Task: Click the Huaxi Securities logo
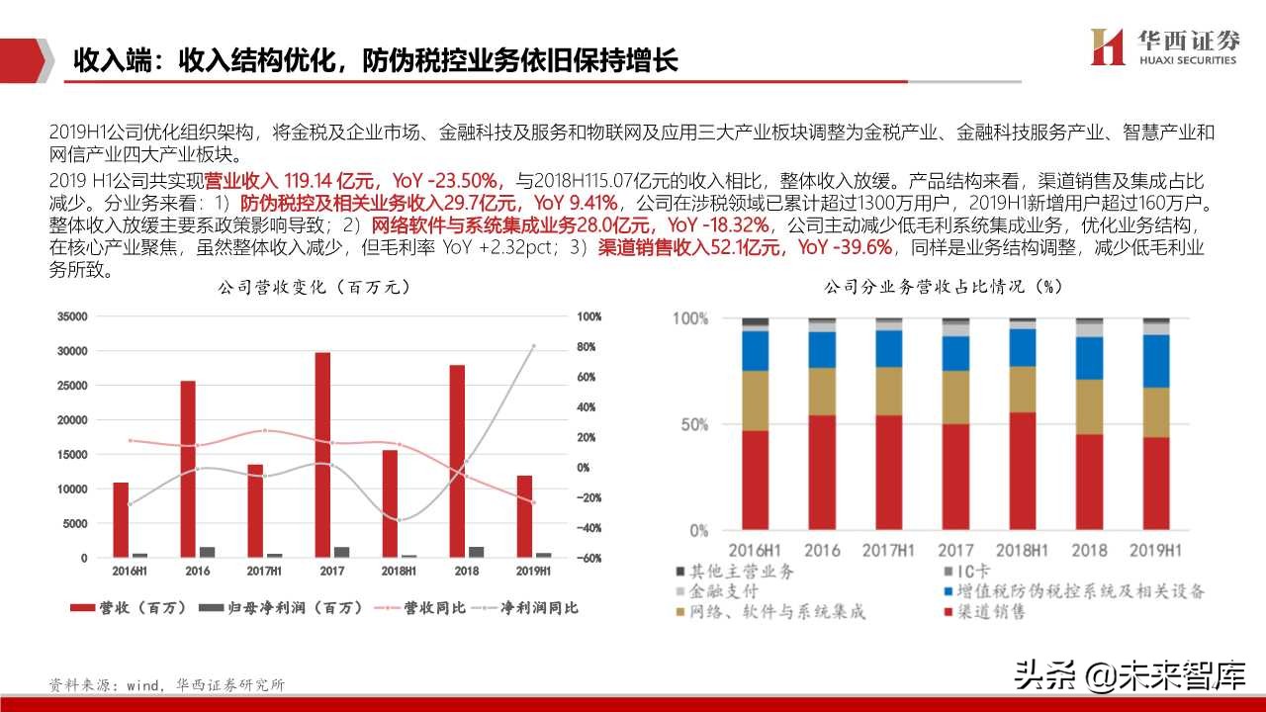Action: [1163, 46]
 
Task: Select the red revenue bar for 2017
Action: [322, 455]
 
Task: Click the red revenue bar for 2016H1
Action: [121, 520]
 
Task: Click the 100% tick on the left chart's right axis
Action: [589, 317]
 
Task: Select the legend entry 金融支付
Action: [716, 591]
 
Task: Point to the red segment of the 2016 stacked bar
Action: [822, 473]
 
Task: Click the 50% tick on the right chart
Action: [690, 425]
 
